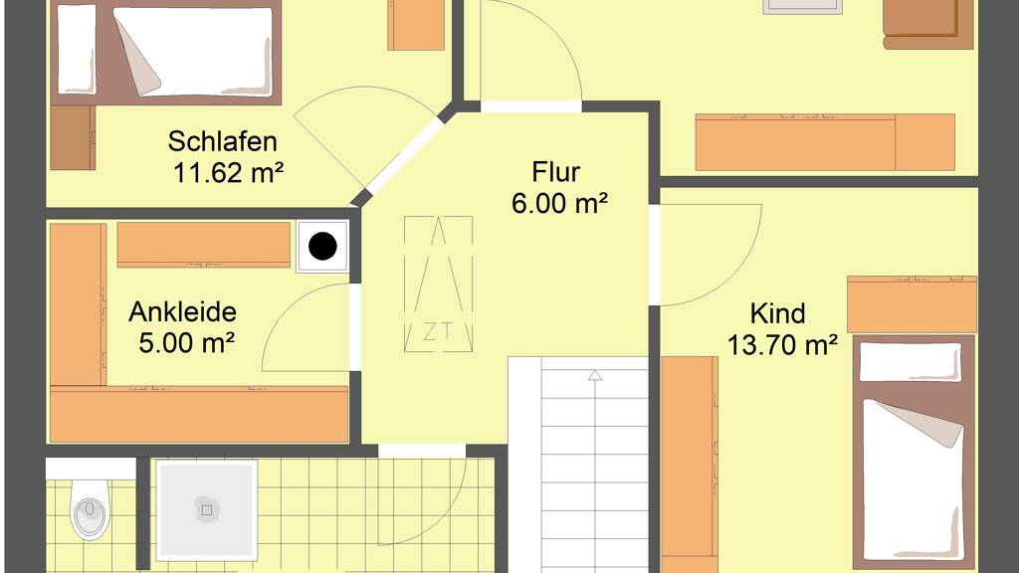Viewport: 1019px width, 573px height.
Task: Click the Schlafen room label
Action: [x=222, y=141]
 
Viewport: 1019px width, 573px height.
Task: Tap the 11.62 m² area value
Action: [x=228, y=173]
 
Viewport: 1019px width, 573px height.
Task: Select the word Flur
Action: [x=555, y=172]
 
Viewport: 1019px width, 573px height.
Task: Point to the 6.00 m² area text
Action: [x=559, y=203]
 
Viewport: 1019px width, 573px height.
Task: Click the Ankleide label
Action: [x=183, y=311]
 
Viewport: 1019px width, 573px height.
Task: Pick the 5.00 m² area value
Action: [x=186, y=343]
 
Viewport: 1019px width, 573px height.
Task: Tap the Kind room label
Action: [x=778, y=313]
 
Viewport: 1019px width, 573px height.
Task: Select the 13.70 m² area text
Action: [x=782, y=345]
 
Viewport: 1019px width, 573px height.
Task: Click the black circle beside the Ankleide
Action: [x=323, y=247]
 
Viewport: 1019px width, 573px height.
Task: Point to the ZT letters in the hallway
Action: [x=438, y=332]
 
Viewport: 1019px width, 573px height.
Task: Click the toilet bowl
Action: [x=91, y=510]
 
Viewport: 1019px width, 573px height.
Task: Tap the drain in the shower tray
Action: [x=207, y=510]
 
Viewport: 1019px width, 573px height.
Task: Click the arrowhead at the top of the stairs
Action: [x=595, y=375]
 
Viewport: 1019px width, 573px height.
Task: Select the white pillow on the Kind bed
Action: [x=910, y=362]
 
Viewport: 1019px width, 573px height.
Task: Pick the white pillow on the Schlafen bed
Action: [x=77, y=50]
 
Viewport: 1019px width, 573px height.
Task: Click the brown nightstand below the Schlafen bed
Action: [x=73, y=137]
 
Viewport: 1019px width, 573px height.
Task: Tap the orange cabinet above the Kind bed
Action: [x=912, y=304]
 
